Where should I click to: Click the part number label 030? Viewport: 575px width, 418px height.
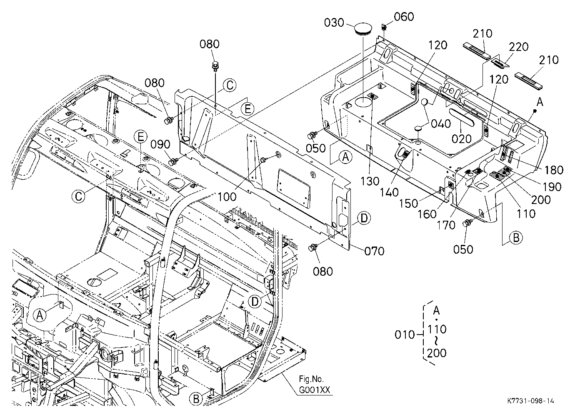coord(334,23)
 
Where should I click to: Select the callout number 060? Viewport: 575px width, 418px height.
coord(404,17)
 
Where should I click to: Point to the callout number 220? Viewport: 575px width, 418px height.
coord(519,47)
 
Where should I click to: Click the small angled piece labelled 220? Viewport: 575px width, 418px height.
coord(500,63)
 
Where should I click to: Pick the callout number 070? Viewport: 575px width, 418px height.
coord(375,251)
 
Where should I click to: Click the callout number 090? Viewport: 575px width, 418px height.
coord(160,144)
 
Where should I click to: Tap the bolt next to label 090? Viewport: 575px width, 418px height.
coord(172,162)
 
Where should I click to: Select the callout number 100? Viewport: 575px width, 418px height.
coord(227,197)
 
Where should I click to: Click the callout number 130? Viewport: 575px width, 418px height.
coord(370,181)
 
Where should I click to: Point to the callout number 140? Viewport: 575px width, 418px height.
coord(389,193)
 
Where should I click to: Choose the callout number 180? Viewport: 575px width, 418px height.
coord(553,170)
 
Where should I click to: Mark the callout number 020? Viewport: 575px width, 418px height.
coord(462,139)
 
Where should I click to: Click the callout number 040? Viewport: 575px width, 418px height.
coord(441,124)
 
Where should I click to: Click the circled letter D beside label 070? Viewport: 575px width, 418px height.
coord(364,218)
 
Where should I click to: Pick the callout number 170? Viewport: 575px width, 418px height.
coord(446,225)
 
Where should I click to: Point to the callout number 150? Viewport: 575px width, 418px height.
coord(409,204)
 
